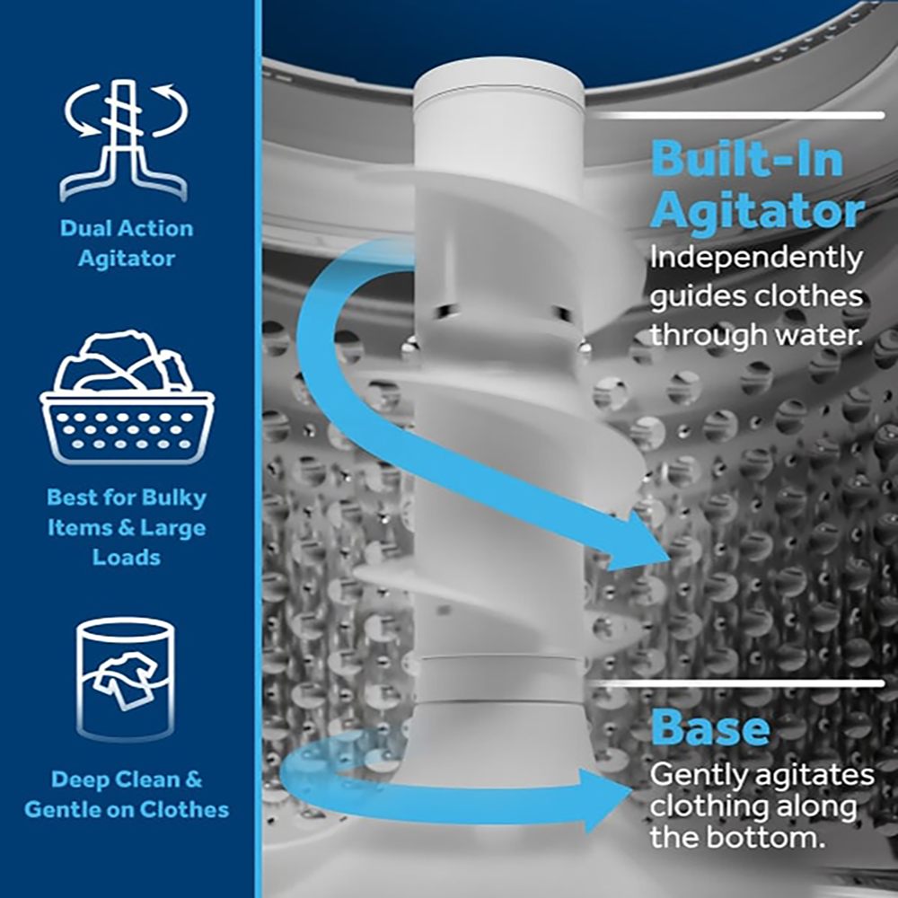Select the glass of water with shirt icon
click(x=125, y=678)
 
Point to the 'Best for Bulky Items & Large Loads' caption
click(x=127, y=527)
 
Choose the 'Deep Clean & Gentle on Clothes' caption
click(x=127, y=794)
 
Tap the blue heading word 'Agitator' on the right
click(x=757, y=212)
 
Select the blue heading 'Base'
click(x=710, y=727)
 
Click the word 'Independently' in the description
click(x=755, y=259)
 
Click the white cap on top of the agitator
click(x=498, y=90)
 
